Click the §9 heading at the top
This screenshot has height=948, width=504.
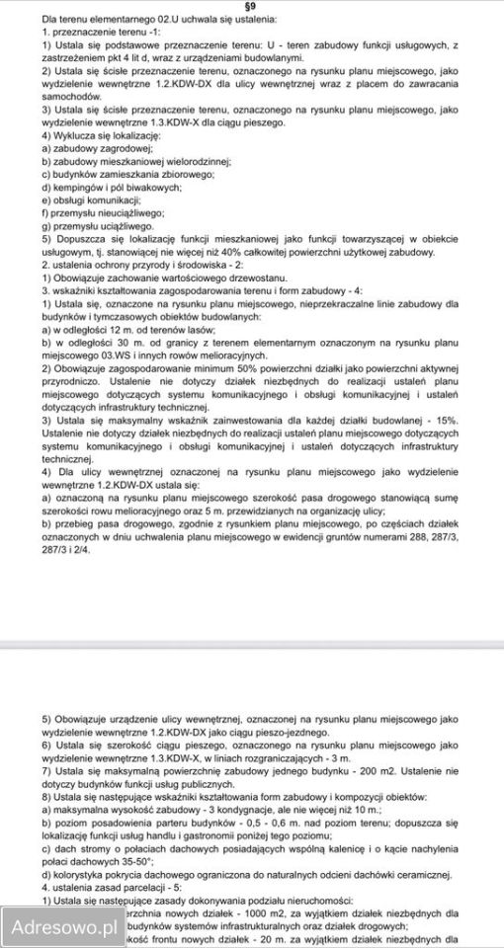click(252, 6)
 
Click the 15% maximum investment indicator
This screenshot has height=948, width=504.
click(442, 419)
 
